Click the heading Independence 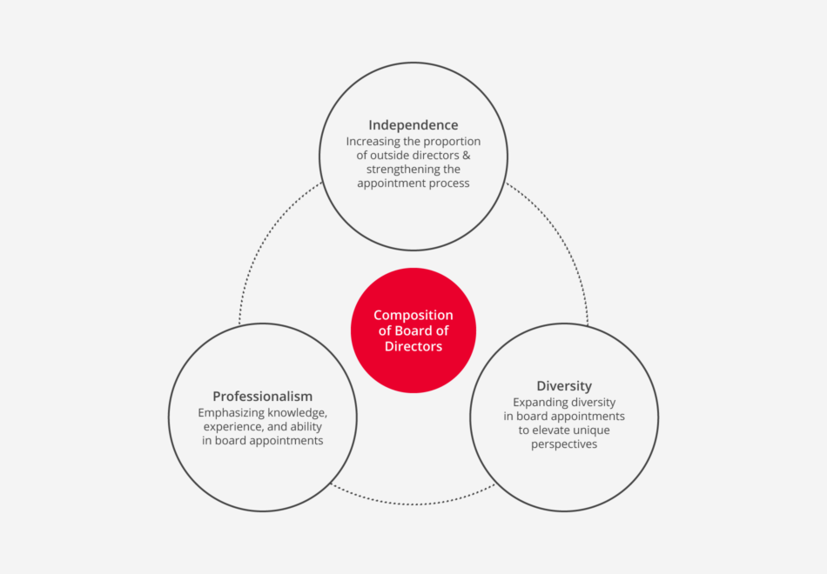tap(413, 125)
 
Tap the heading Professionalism tap(262, 396)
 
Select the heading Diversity tap(564, 386)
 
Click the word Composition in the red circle tap(413, 315)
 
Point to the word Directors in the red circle tap(413, 346)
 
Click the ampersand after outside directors tap(467, 156)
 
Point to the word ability tap(306, 426)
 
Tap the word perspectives tap(564, 444)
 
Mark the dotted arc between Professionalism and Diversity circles tap(413, 504)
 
